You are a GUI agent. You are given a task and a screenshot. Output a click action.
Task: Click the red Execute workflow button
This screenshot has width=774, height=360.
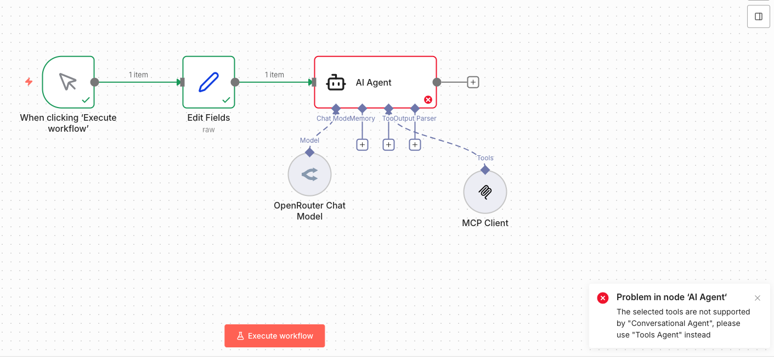[x=274, y=336]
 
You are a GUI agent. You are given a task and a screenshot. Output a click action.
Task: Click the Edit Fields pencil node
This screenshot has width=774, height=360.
[x=208, y=82]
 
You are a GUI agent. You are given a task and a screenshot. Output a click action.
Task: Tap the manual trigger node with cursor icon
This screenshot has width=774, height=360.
[x=68, y=82]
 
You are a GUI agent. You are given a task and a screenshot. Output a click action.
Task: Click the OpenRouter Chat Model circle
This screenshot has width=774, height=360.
[x=309, y=175]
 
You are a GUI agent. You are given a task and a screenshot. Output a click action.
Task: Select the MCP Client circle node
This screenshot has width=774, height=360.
[x=485, y=192]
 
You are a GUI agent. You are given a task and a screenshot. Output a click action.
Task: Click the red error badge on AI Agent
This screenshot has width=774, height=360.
[x=428, y=99]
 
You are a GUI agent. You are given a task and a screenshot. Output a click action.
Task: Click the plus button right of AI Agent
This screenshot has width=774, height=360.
[x=473, y=82]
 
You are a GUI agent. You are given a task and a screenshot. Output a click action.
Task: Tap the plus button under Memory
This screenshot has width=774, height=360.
[x=362, y=145]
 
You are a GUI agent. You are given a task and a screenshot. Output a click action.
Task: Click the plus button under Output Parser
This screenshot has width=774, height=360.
[x=415, y=145]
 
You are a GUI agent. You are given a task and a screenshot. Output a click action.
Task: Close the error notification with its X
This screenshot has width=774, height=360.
[x=758, y=298]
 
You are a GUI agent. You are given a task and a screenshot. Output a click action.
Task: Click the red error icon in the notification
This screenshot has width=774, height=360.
[x=603, y=298]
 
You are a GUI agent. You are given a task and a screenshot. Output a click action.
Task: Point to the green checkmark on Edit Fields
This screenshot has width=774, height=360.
[x=226, y=100]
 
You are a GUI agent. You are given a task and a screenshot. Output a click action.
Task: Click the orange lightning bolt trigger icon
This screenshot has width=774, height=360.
[x=29, y=82]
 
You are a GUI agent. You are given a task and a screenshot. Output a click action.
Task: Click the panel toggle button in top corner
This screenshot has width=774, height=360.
[x=759, y=16]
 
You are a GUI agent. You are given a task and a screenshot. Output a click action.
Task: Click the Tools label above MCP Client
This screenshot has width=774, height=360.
[x=485, y=158]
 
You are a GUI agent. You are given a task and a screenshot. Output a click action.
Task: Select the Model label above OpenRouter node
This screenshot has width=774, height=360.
[x=309, y=140]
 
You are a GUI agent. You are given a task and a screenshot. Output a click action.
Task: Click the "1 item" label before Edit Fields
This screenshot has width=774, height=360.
[x=138, y=75]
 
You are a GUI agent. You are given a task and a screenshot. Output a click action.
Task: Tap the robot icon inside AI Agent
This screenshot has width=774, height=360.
[x=336, y=82]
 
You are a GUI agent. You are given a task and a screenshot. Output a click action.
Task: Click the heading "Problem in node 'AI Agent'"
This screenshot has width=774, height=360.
[x=671, y=297]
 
